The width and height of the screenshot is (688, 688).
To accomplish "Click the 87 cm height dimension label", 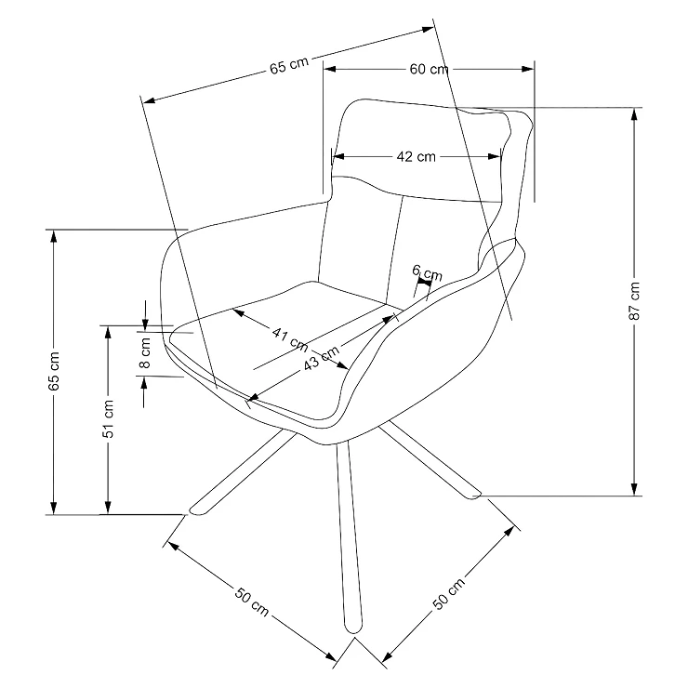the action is point(635,301).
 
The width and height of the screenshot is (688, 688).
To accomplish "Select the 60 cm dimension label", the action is point(430,69).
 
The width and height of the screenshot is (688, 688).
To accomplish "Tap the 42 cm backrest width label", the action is point(416,156).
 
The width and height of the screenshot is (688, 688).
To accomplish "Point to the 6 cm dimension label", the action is point(427,273).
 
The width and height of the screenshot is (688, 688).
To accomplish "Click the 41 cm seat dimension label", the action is point(290,338).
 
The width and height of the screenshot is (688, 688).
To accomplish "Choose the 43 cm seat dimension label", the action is point(322,358).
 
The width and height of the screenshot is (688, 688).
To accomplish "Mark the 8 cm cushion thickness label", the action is point(144,352).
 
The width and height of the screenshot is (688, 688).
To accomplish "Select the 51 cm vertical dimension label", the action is point(108,418).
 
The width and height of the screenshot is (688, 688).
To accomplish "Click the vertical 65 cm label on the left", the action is point(54,371).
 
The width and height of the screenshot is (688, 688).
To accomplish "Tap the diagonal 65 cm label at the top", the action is point(289,66).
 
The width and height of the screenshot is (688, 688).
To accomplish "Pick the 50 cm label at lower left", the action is point(251,602).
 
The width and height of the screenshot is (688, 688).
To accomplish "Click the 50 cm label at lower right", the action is point(448,594).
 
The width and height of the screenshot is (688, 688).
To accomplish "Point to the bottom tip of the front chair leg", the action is point(353,633).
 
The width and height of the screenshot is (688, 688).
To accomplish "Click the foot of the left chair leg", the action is point(196,511).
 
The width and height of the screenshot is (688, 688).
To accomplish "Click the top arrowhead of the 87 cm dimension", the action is point(634,113).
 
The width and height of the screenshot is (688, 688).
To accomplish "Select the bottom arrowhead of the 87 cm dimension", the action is point(634,490).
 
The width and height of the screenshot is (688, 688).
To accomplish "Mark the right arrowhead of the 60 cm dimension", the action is point(528,69).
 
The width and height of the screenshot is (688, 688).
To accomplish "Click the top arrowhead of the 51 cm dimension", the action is point(108,332).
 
